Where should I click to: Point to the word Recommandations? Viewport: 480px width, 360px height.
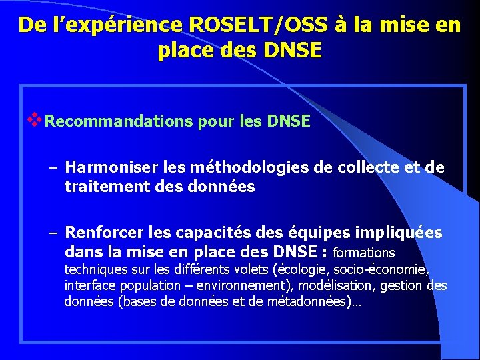click(120, 122)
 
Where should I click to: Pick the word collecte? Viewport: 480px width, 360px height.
click(369, 167)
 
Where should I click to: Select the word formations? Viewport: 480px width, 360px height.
click(363, 253)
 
